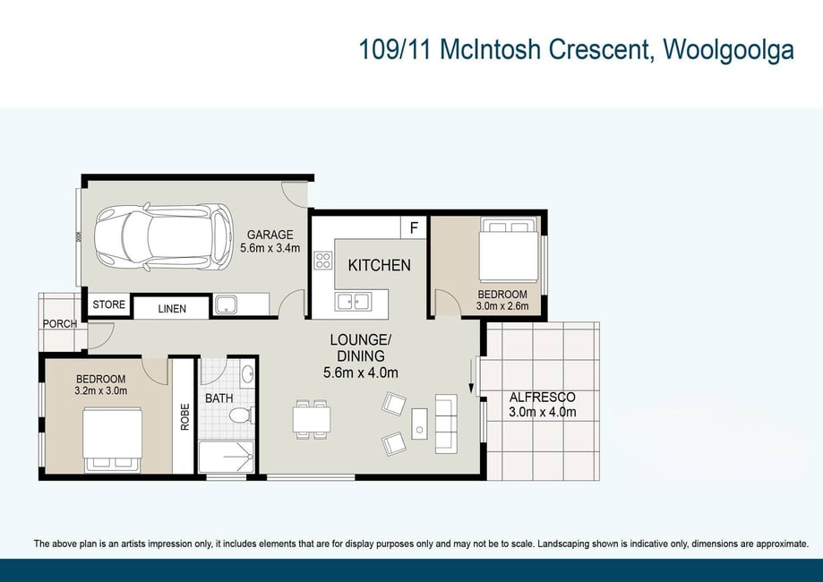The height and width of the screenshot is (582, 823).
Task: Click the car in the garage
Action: [163, 237]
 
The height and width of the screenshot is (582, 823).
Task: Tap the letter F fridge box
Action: [414, 227]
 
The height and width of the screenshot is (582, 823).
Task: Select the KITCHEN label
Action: [379, 266]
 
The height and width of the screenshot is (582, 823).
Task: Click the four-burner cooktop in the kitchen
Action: [322, 261]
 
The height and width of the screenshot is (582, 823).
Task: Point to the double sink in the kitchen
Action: [353, 302]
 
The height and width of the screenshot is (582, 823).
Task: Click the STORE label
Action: [109, 304]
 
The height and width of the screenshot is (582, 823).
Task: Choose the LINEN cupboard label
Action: [172, 309]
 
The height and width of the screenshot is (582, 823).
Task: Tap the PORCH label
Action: [60, 324]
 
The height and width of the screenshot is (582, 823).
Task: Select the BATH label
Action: [219, 398]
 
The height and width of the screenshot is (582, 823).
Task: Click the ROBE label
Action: [184, 416]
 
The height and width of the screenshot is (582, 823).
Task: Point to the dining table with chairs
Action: [312, 419]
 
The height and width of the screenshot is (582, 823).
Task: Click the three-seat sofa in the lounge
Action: [446, 424]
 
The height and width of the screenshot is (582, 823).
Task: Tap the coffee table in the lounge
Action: [419, 424]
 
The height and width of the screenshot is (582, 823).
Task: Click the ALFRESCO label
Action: [542, 398]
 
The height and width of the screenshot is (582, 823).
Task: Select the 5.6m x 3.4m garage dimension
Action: [270, 248]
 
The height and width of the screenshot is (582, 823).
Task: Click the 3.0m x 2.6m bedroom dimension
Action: [502, 305]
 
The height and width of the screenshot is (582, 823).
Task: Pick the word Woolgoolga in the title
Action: [729, 50]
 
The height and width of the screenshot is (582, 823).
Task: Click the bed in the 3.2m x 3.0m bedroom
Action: [112, 439]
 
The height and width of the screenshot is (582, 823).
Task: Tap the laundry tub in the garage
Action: [227, 305]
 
